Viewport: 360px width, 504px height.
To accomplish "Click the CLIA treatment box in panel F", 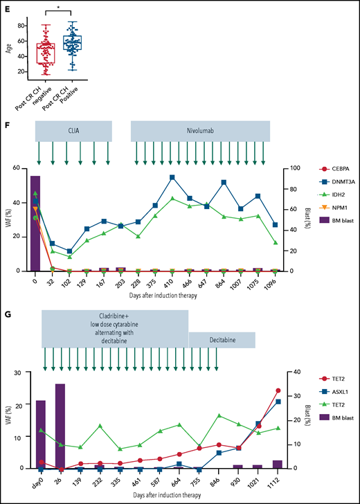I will click(x=73, y=131).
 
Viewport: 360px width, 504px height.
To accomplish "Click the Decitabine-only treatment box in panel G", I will click(x=222, y=341).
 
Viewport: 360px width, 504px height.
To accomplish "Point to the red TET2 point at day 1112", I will click(x=278, y=390).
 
